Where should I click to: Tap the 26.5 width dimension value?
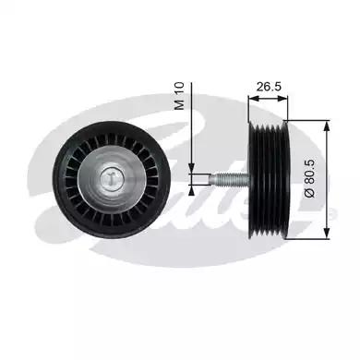click(x=267, y=85)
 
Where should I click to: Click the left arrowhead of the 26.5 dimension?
click(x=252, y=96)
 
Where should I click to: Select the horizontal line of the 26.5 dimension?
click(x=268, y=96)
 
